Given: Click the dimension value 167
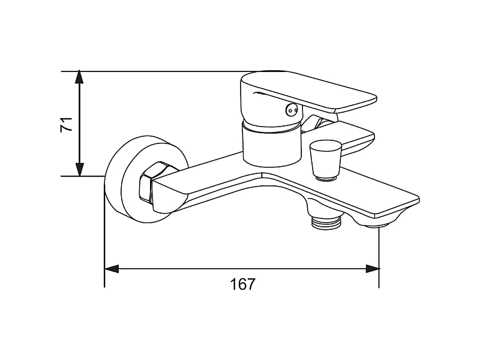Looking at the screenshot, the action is pos(242,284).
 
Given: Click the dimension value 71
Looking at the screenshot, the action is pos(66,124).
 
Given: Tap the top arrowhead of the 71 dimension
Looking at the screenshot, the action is pos(79,77).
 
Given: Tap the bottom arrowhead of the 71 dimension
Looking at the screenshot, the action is pos(79,170).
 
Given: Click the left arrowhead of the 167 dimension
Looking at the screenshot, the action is pos(112,269).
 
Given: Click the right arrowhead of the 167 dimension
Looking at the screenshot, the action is pos(373,269).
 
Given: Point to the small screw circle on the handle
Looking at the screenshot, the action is pos(291,110).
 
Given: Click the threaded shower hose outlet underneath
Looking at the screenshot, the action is pos(326,222).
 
